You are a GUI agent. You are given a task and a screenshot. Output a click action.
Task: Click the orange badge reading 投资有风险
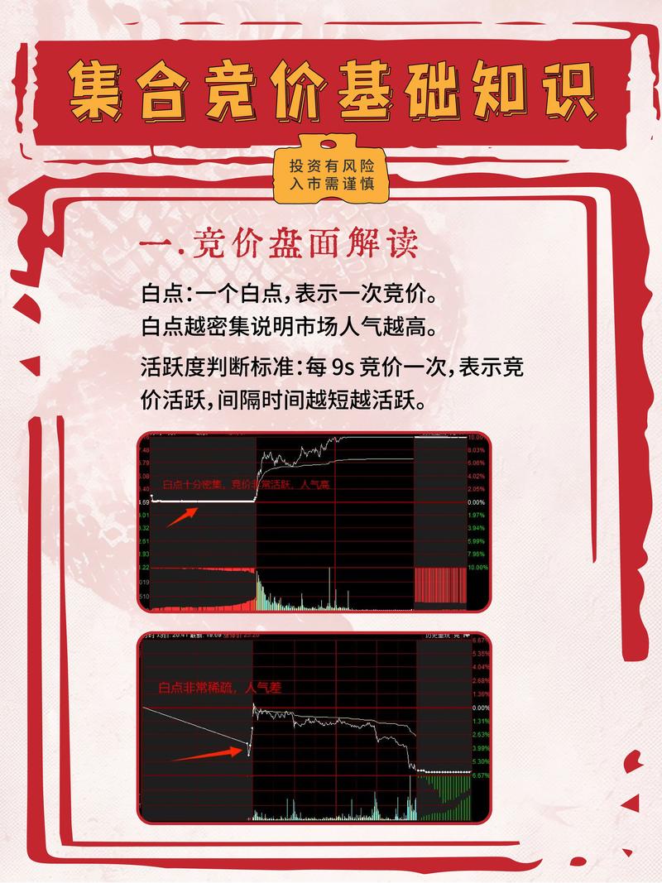[x=331, y=166]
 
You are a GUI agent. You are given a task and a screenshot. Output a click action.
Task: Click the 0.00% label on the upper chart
[x=476, y=502]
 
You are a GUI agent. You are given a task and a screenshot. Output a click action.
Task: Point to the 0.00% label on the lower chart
[x=479, y=708]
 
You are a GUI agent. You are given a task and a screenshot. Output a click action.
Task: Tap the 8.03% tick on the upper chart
[x=476, y=449]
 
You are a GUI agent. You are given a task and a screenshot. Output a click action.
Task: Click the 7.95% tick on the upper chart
[x=476, y=554]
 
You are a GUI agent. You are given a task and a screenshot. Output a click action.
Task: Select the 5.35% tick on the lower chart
[x=479, y=654]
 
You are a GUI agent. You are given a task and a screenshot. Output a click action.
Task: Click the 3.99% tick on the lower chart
[x=479, y=747]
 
